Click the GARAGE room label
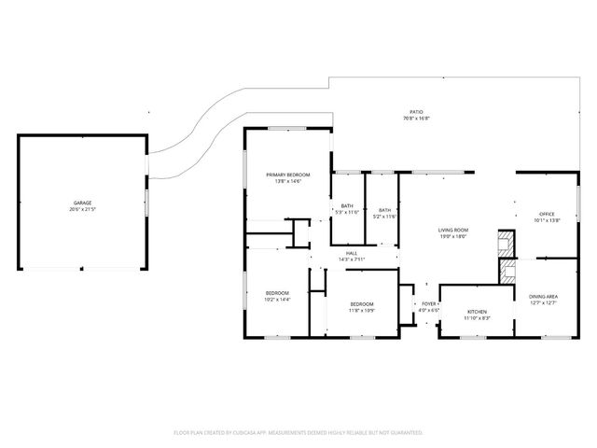pos(82,203)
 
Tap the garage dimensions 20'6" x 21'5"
pos(82,210)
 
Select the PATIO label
pos(416,111)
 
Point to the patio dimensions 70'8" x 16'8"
pos(416,119)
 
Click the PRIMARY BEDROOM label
pos(287,175)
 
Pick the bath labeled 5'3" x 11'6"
pos(347,209)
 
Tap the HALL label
pos(352,252)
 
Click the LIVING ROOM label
pos(452,230)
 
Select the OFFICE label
pos(546,214)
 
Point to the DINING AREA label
pos(544,296)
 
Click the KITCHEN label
pos(477,311)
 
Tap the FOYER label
pos(428,303)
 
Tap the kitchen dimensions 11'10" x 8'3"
pos(477,318)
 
